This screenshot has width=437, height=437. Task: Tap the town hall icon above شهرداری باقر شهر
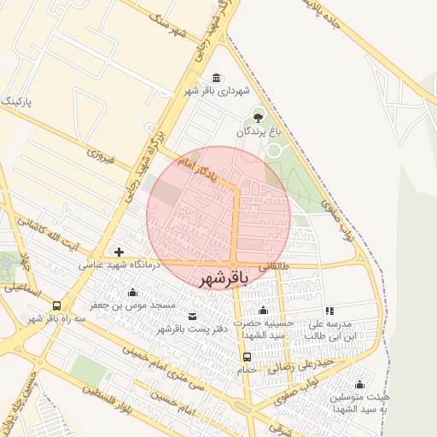pyautogui.click(x=214, y=78)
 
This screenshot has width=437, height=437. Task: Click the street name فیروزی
pyautogui.click(x=100, y=157)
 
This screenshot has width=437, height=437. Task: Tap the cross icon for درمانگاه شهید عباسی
pyautogui.click(x=119, y=252)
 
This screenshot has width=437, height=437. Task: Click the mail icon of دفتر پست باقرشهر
pyautogui.click(x=191, y=317)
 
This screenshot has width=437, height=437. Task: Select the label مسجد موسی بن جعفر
pyautogui.click(x=140, y=305)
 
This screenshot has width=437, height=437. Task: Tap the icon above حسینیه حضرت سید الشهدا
pyautogui.click(x=263, y=311)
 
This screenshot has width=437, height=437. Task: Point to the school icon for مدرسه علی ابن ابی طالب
pyautogui.click(x=330, y=312)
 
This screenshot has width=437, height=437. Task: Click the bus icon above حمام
pyautogui.click(x=247, y=357)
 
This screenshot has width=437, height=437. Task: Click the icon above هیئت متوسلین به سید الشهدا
pyautogui.click(x=360, y=384)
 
